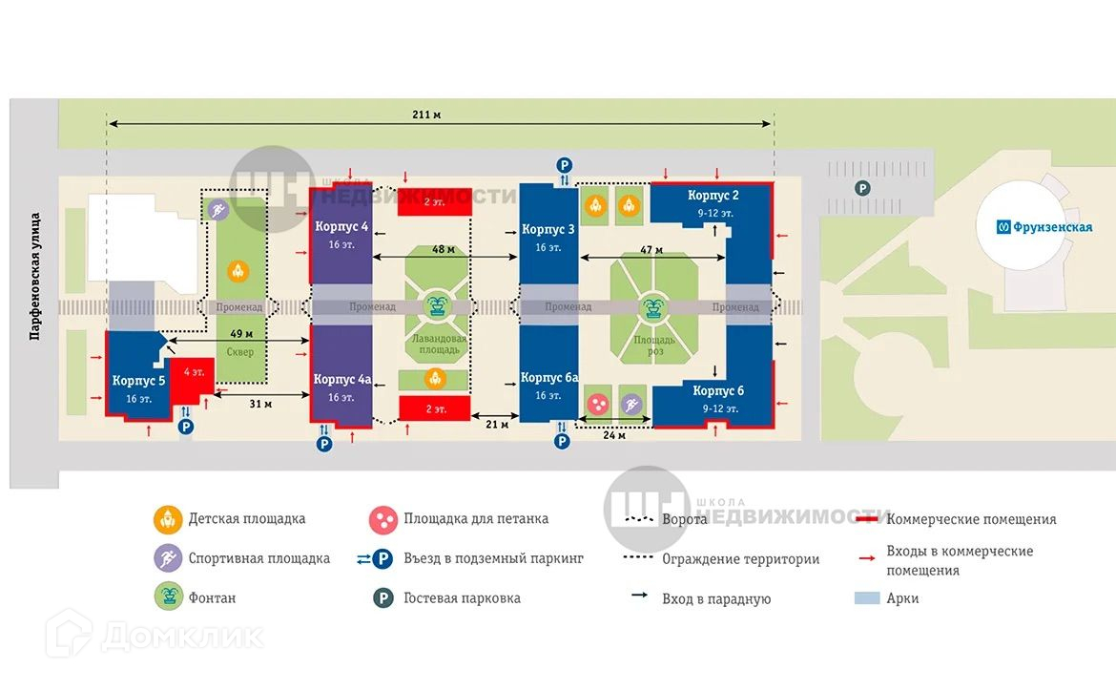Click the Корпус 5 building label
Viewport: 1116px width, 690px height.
tap(138, 380)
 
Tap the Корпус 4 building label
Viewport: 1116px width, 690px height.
tap(341, 227)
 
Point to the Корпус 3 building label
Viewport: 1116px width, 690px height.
tap(548, 229)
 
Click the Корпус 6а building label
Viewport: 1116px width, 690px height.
tap(548, 378)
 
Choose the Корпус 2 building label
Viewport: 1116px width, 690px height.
tap(713, 196)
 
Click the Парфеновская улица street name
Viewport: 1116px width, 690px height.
tap(35, 276)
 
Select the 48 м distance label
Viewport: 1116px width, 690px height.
tap(444, 249)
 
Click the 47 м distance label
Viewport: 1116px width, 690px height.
tap(651, 249)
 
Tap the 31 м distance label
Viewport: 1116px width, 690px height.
tap(255, 404)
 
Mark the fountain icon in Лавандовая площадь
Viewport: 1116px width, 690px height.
tap(437, 306)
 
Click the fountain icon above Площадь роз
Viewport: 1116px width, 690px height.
tap(654, 306)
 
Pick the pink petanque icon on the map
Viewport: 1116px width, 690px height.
tap(598, 405)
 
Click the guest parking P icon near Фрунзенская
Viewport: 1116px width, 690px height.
tap(862, 189)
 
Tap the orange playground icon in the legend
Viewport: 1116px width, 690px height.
tap(168, 519)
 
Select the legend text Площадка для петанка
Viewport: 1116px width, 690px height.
tap(476, 519)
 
